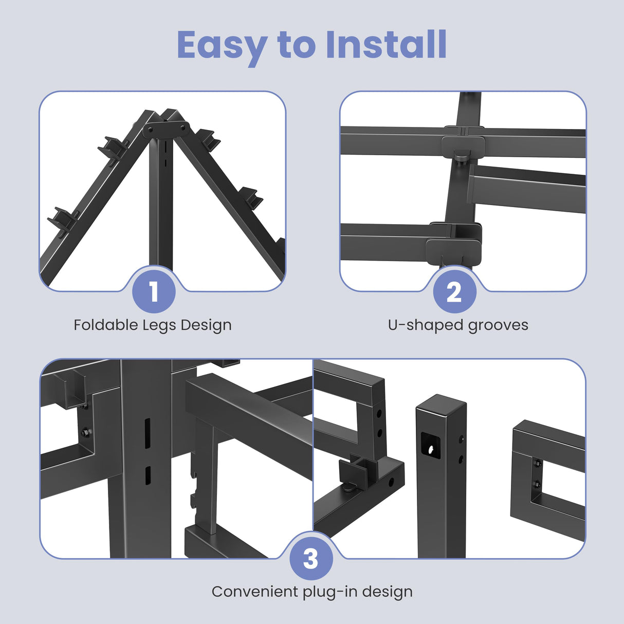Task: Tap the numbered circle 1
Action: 154,291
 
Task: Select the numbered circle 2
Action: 455,291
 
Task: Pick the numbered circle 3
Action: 311,558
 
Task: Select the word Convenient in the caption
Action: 255,592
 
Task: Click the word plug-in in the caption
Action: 330,593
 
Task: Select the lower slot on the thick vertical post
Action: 148,475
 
